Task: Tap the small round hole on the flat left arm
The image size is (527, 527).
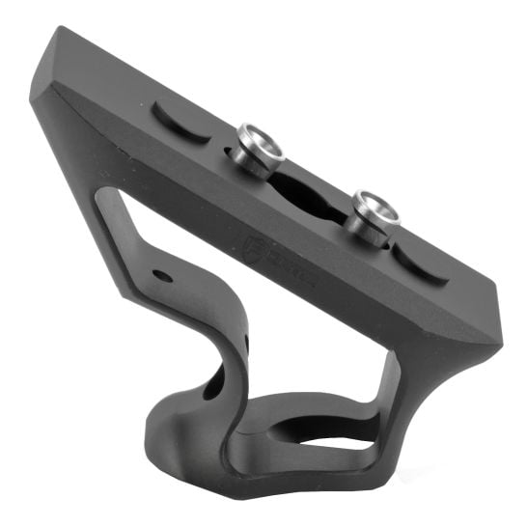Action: coord(162,276)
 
